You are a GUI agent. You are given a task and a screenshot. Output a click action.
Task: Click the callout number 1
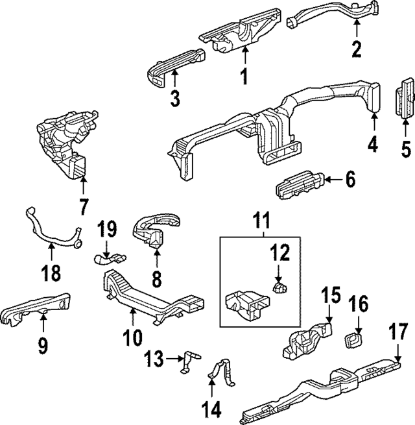tap(244, 77)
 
